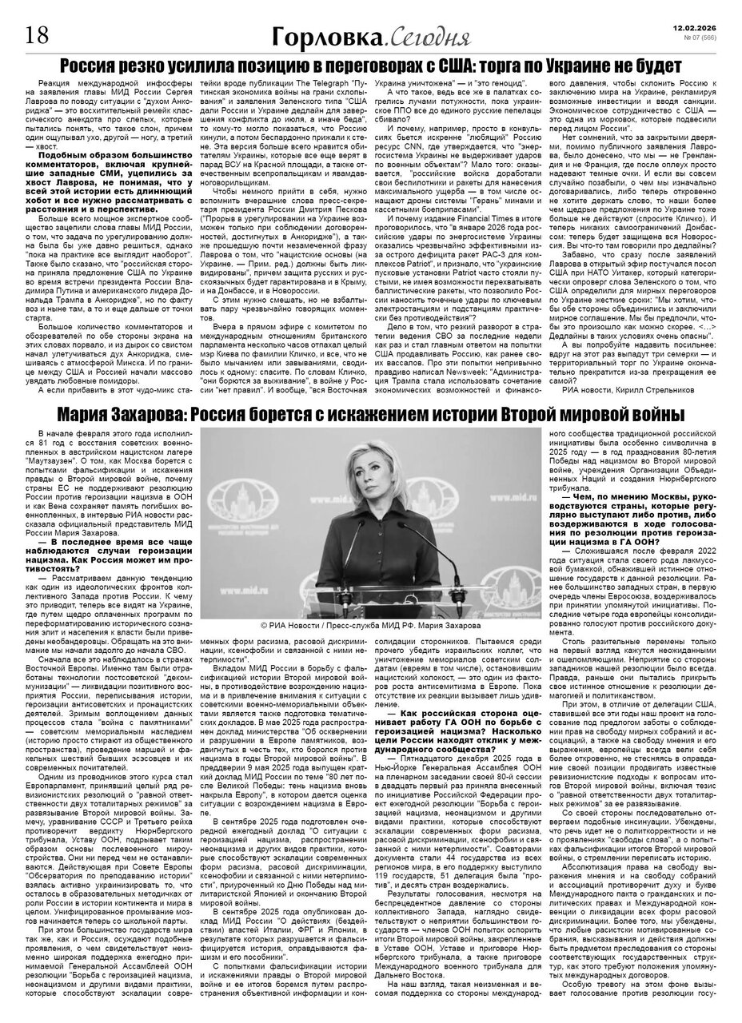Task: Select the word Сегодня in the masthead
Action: click(x=414, y=37)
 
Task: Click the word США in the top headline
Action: click(x=459, y=66)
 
